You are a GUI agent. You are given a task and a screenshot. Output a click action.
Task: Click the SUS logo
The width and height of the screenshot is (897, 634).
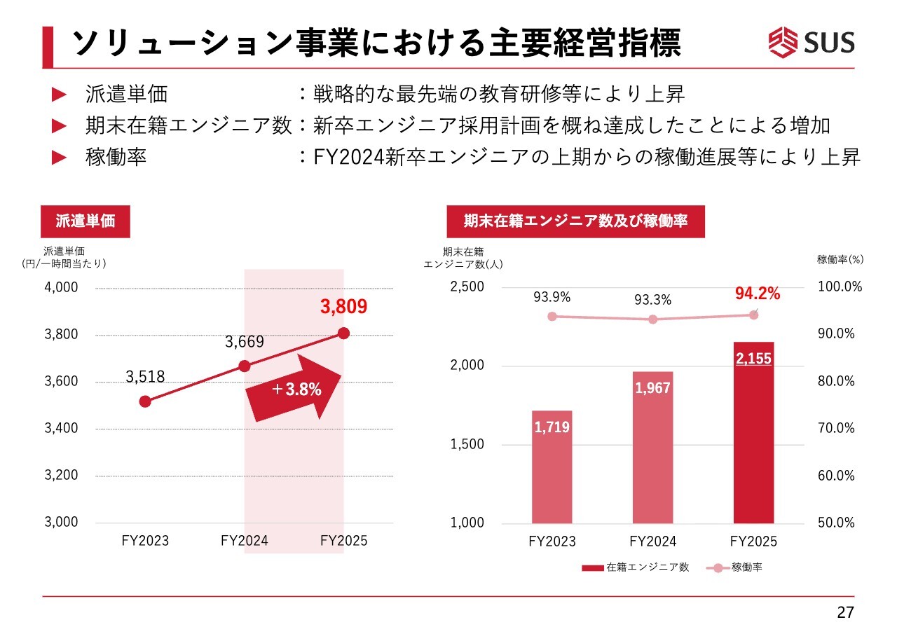[x=812, y=42]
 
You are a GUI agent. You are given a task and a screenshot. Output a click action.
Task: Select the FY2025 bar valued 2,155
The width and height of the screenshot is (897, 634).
[x=753, y=434]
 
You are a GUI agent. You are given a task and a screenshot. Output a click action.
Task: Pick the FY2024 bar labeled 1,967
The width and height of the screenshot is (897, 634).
[x=652, y=448]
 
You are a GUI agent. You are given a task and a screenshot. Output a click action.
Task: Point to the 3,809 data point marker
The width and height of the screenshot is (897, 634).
[x=343, y=333]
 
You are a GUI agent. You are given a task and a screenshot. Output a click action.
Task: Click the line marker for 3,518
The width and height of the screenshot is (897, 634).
[x=145, y=401]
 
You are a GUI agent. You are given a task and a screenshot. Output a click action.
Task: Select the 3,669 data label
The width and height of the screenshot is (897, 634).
[x=244, y=342]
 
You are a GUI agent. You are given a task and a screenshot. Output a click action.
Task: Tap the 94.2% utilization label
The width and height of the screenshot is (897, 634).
[x=757, y=294]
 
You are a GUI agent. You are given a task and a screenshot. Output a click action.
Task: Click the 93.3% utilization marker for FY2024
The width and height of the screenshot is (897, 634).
[x=653, y=319]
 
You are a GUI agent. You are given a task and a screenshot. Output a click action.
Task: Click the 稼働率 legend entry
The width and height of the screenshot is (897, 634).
[x=735, y=567]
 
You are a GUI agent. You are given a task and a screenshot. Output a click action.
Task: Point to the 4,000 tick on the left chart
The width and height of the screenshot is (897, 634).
[x=61, y=287]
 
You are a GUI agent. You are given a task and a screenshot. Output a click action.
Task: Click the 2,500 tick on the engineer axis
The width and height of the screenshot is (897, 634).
[x=467, y=287]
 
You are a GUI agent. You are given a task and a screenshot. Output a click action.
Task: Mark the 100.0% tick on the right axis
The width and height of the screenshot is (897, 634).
[x=840, y=287]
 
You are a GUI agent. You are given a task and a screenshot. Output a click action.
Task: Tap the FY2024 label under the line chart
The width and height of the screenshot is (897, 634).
[x=244, y=541]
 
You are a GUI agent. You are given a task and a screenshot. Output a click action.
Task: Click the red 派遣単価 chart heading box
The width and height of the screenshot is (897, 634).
[x=85, y=221]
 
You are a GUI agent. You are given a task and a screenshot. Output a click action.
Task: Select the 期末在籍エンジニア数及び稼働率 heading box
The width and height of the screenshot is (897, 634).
[x=575, y=221]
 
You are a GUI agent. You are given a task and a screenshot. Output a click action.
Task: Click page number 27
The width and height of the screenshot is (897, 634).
[x=846, y=613]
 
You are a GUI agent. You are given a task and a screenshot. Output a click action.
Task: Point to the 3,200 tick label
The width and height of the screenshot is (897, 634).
[x=61, y=476]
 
